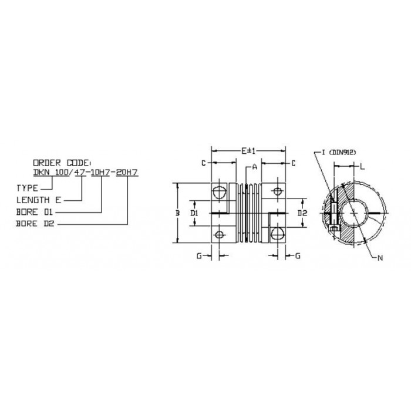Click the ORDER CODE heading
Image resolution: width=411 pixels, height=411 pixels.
pos(62,163)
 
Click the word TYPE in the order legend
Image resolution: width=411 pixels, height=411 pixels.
pos(27,188)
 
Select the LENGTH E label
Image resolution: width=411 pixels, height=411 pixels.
pos(39,200)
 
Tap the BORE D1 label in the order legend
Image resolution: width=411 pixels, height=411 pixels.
pos(35,212)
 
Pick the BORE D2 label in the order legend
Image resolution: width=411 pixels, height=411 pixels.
pos(35,224)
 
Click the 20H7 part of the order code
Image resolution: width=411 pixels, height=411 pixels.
pos(127,172)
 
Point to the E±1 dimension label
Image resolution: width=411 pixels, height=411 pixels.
pos(248,151)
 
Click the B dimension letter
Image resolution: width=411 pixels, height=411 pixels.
pos(177,213)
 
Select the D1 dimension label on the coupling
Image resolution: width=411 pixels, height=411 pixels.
pos(194,213)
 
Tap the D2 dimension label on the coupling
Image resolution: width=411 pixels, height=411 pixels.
pos(302,213)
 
